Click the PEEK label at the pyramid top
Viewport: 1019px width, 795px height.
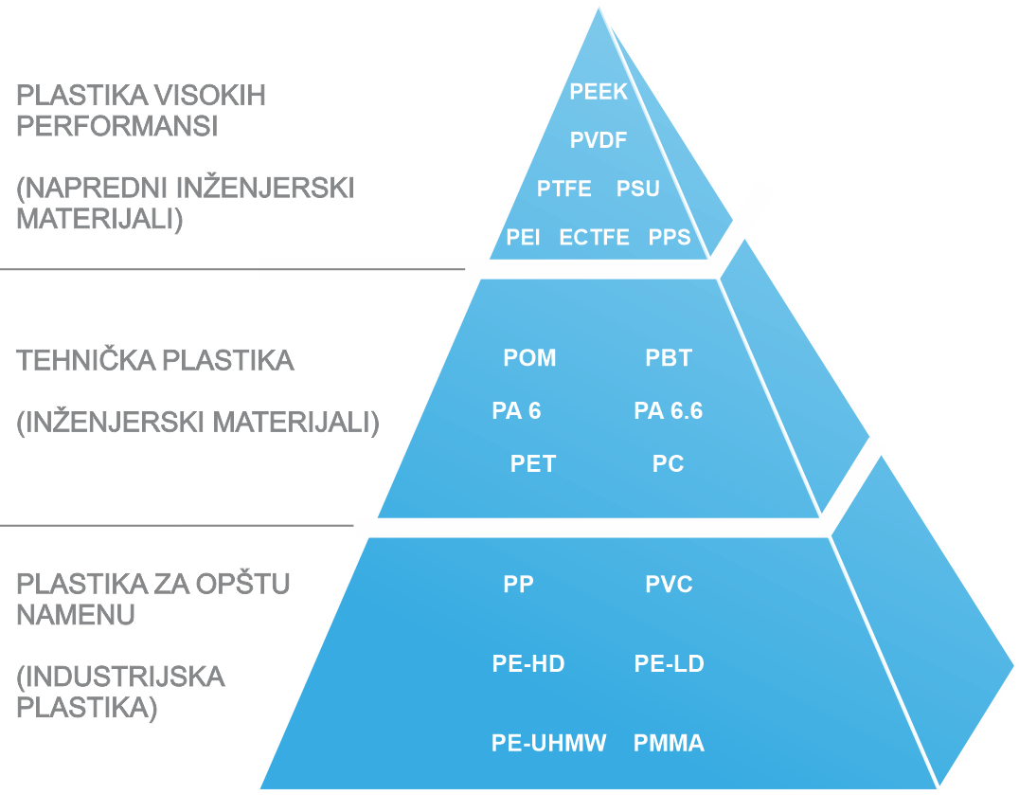pos(599,92)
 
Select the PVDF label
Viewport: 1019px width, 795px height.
pos(599,139)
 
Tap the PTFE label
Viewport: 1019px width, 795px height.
pos(564,189)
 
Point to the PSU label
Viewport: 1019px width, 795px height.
pos(638,189)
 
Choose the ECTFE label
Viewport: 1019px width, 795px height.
pos(594,237)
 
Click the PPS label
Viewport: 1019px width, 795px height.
pos(670,237)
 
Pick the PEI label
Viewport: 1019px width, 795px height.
pos(523,237)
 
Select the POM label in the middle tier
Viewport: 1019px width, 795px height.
pos(529,357)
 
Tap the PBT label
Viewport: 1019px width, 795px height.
pos(669,357)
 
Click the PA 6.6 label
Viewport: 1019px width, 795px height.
pos(669,411)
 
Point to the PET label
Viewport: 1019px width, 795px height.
pos(533,463)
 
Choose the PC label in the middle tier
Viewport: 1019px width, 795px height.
pos(668,463)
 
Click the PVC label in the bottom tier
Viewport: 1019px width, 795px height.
pos(669,584)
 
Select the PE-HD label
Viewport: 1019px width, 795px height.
pos(528,663)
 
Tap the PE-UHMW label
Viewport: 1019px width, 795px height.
pos(548,743)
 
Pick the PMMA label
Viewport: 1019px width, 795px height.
pos(669,743)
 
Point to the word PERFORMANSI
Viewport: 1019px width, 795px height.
pos(117,126)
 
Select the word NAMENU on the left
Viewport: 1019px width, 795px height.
pos(76,614)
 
